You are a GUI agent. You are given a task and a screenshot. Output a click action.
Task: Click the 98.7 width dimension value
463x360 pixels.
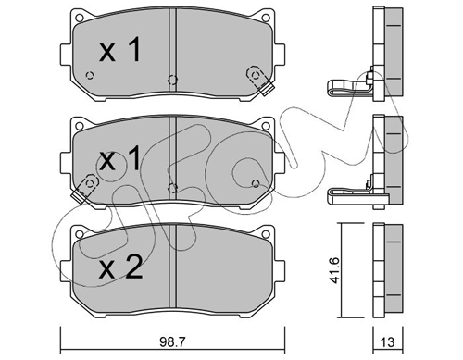172,341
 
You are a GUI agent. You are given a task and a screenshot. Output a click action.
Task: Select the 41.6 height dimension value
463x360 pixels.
334,270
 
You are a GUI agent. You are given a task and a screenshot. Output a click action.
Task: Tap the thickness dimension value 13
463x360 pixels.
387,342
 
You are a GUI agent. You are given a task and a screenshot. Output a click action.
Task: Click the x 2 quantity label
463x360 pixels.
120,268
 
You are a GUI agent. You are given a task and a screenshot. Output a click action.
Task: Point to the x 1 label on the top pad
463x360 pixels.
120,49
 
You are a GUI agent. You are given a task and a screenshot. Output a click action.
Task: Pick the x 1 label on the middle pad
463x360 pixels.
120,158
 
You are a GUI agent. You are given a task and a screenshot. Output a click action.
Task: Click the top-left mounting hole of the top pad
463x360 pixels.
80,18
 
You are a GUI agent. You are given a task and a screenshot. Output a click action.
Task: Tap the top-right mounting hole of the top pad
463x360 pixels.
265,18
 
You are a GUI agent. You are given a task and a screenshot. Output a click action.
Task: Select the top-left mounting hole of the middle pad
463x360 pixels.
80,126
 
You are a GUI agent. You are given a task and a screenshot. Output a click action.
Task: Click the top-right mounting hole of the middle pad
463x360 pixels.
265,126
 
